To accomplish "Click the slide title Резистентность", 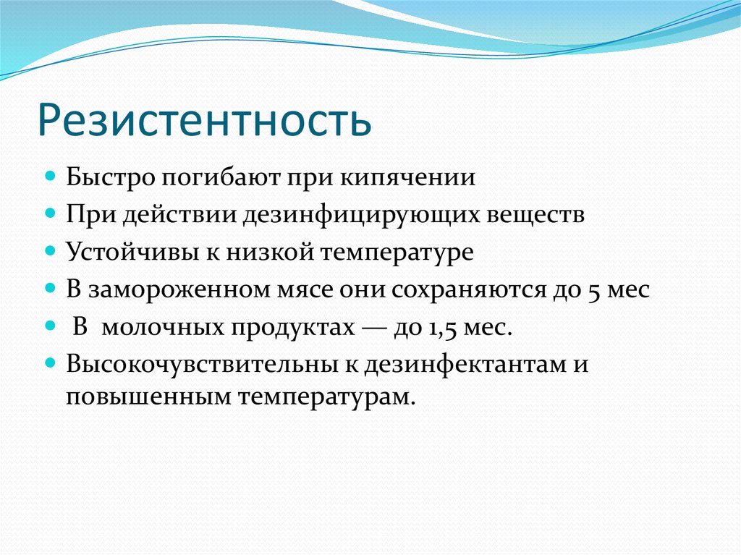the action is (204, 121).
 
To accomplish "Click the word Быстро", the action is (111, 178).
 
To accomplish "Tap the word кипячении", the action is (408, 178).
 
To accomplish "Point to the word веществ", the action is (536, 215).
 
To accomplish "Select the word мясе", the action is (305, 289).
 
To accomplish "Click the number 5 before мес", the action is (594, 290).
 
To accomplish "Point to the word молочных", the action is (163, 326).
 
